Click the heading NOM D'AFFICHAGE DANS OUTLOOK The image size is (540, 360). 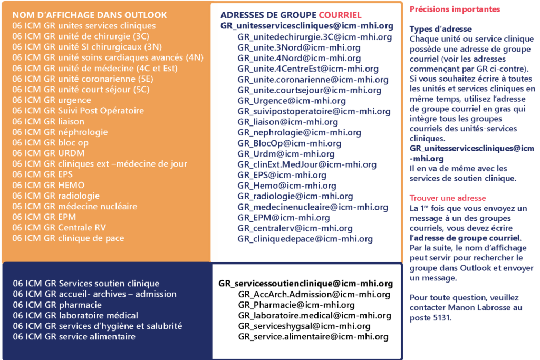tap(90, 15)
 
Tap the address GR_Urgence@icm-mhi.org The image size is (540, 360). tap(292, 101)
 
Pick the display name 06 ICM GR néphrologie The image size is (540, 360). tap(60, 132)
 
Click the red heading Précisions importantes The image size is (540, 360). tap(455, 9)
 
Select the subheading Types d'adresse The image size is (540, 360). tap(440, 29)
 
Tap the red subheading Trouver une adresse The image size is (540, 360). tap(448, 198)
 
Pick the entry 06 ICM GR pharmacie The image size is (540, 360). tap(57, 305)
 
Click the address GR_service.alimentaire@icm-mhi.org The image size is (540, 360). tap(313, 337)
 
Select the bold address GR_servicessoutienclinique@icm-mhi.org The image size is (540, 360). tap(306, 284)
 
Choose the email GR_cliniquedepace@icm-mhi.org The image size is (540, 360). tap(305, 239)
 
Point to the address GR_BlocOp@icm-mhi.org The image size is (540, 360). tap(290, 143)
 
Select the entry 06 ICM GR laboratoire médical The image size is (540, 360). tap(75, 315)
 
